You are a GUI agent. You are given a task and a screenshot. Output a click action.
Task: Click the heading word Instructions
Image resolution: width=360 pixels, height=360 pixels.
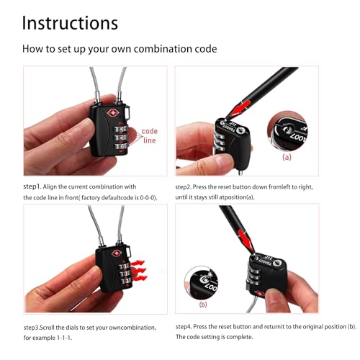click(x=70, y=23)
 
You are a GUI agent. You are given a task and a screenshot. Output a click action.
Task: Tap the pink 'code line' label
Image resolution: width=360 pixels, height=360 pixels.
click(x=149, y=135)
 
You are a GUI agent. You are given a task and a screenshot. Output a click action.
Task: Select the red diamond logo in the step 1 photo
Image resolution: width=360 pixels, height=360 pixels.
click(x=112, y=113)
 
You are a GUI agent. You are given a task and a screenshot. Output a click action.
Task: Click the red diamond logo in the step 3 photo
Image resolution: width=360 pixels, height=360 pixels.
click(x=117, y=253)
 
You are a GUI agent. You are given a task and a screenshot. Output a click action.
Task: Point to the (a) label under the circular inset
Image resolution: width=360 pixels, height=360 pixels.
click(x=287, y=157)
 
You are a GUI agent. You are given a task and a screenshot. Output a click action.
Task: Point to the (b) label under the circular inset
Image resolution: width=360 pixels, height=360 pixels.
click(x=203, y=305)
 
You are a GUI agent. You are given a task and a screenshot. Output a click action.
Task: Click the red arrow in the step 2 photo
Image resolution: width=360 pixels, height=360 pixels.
click(x=238, y=109)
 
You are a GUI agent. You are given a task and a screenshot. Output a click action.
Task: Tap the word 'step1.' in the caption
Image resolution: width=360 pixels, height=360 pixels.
click(x=32, y=186)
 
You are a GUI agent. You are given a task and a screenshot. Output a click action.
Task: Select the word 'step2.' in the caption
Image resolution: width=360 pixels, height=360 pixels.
click(x=184, y=187)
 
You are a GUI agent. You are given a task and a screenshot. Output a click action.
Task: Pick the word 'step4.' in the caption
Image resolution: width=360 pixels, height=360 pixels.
click(x=184, y=327)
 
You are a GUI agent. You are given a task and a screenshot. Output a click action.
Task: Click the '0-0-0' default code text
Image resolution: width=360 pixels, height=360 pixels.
click(x=148, y=198)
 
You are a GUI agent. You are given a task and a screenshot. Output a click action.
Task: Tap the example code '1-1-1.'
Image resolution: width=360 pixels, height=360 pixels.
click(x=65, y=338)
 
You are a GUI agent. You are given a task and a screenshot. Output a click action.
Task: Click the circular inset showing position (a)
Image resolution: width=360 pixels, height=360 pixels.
click(x=287, y=130)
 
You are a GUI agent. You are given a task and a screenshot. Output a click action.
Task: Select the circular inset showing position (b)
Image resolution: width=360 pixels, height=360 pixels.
click(x=201, y=283)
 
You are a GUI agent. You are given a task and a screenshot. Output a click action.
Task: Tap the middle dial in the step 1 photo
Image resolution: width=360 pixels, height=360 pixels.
click(x=120, y=138)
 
